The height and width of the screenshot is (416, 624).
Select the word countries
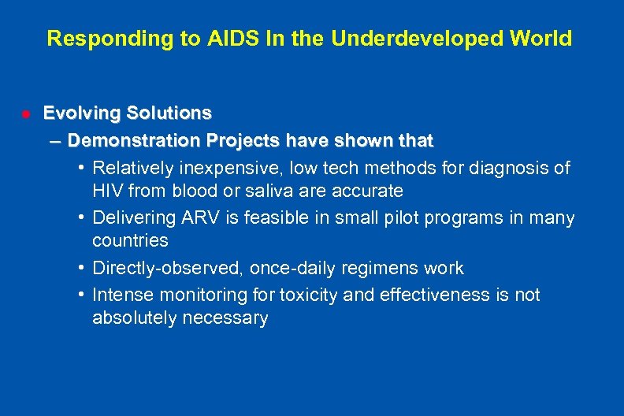[130, 240]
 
